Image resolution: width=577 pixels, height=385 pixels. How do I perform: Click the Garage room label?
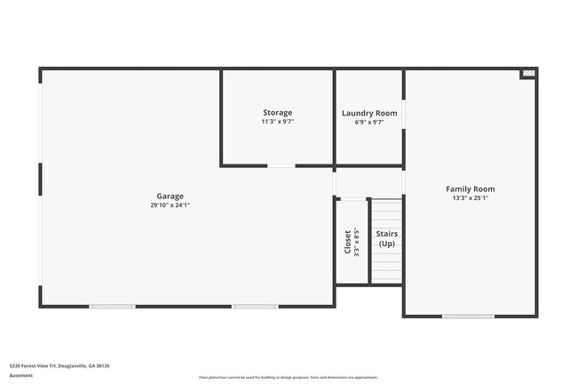pos(170,196)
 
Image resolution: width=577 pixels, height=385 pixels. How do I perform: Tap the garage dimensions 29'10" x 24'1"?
pos(170,205)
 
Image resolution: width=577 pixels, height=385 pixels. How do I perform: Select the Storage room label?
pos(277,112)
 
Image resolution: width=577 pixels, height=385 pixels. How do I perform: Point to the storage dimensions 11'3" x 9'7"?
pos(277,122)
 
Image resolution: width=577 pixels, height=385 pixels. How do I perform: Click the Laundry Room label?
pos(369,113)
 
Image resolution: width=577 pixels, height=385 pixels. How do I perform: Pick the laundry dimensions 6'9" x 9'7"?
pos(369,122)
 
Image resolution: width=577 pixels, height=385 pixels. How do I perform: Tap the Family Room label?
pos(470,188)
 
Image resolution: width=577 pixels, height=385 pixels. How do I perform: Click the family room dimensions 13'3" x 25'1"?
pos(470,198)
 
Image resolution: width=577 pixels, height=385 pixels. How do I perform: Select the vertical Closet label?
pos(348,242)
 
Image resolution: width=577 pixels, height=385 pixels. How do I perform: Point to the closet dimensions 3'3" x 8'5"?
pos(357,242)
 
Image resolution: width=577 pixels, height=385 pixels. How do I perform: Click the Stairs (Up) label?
pos(387,238)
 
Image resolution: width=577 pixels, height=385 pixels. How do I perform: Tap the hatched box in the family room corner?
pos(529,73)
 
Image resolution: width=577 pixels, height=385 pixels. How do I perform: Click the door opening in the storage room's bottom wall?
pos(282,165)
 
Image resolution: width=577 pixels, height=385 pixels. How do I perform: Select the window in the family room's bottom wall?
pos(469,316)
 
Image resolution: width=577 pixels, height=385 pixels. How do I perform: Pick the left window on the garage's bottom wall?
pos(113,307)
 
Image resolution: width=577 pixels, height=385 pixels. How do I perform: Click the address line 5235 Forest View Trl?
pos(59,365)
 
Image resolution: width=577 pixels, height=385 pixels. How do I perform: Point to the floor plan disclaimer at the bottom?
pos(288,377)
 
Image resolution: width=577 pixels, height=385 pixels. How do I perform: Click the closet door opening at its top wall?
pos(353,197)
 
